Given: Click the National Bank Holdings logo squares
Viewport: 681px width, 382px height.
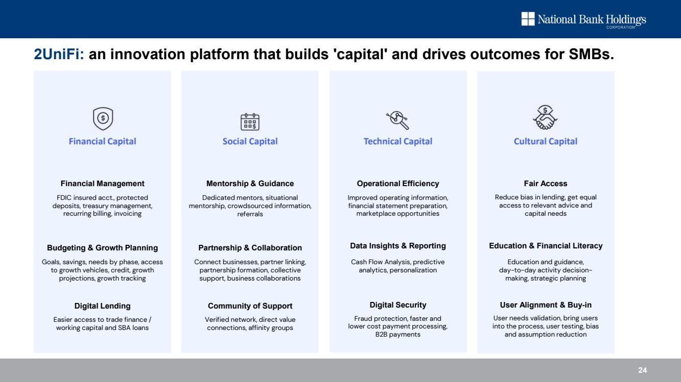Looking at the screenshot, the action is tap(528, 19).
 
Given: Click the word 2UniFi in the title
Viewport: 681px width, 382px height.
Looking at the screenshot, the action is tap(59, 54).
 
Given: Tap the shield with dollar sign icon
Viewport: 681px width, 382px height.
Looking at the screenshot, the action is tap(103, 119).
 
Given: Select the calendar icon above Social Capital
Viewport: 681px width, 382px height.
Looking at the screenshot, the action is tap(250, 122).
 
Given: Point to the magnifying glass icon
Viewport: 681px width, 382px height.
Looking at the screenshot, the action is tap(397, 120).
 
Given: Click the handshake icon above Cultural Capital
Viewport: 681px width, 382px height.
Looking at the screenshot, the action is tap(545, 117).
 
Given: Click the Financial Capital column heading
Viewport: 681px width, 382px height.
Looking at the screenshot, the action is tap(103, 141).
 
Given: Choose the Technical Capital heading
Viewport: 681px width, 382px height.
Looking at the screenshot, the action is tap(397, 141).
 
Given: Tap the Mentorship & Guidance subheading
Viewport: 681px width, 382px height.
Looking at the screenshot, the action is tap(250, 184).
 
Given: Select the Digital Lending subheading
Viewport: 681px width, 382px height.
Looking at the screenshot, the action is tap(103, 306).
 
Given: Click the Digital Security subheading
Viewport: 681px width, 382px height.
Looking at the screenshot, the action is tap(397, 305).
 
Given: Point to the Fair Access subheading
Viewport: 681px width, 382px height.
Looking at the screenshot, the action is tap(546, 184).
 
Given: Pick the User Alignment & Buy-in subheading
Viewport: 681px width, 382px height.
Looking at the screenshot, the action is tap(546, 305).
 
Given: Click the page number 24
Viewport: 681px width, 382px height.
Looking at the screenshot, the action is tap(642, 370).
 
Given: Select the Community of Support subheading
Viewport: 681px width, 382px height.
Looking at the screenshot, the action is tap(250, 306).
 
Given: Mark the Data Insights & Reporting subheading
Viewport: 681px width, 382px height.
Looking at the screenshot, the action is tap(397, 246).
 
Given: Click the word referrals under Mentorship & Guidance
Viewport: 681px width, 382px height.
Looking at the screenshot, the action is tap(250, 214).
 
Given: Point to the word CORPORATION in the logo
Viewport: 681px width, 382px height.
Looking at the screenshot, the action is tap(621, 28).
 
